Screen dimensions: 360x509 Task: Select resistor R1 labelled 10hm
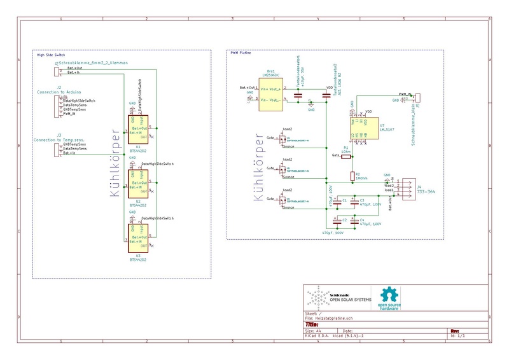pyautogui.click(x=352, y=154)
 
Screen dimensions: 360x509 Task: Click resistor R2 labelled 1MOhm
pyautogui.click(x=352, y=176)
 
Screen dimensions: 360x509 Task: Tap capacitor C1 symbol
pyautogui.click(x=337, y=200)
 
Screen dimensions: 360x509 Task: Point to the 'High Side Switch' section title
pyautogui.click(x=51, y=55)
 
